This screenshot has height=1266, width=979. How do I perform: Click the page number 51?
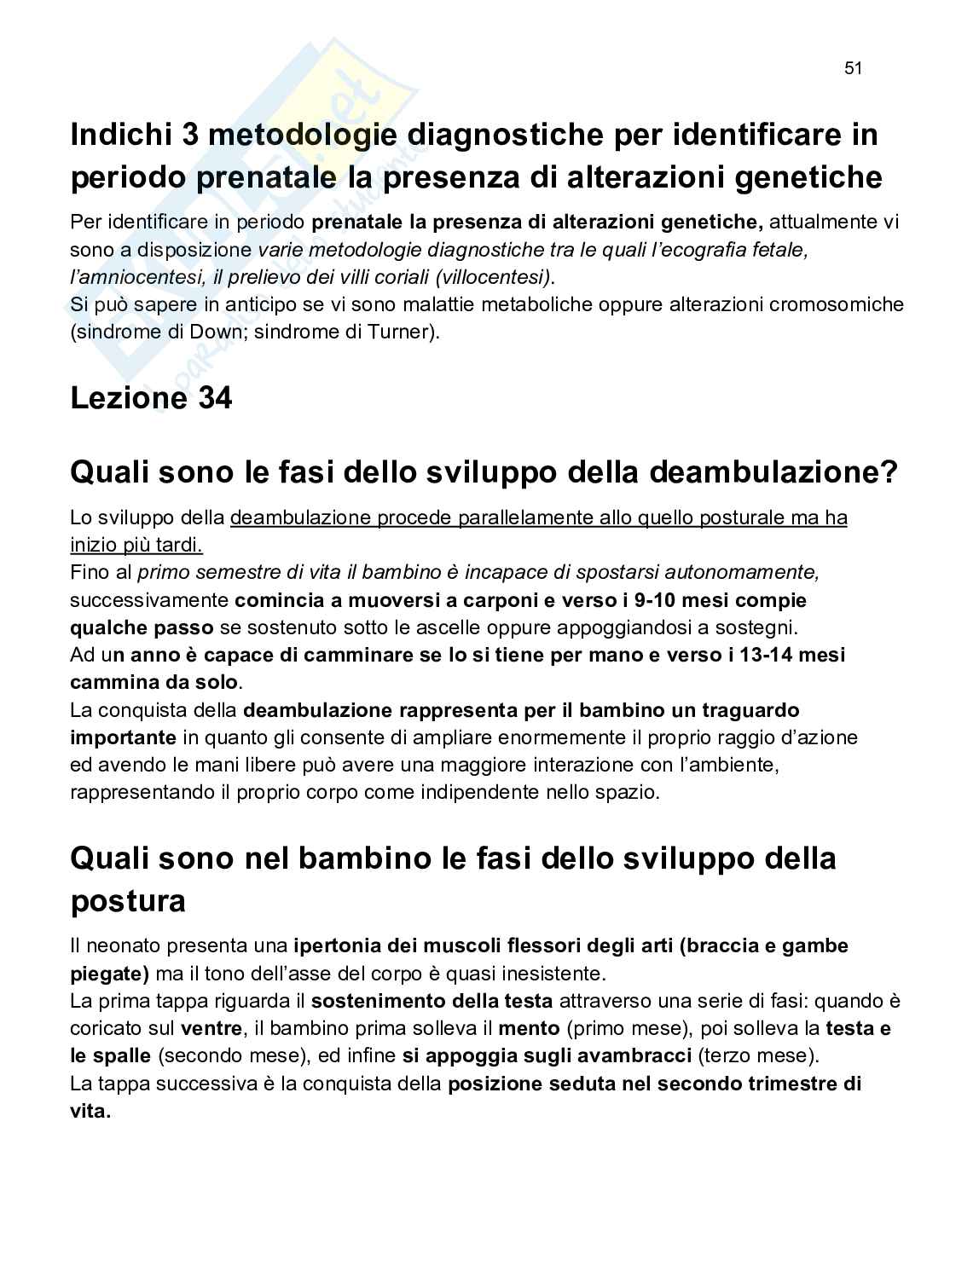tap(854, 69)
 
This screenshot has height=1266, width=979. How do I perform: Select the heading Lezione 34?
tap(151, 398)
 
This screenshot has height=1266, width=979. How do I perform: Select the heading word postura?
tap(128, 901)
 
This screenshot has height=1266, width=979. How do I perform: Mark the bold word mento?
tap(529, 1028)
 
